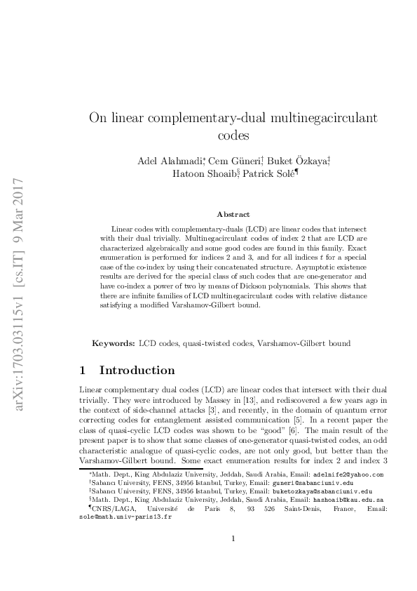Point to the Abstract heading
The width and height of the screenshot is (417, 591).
[233, 214]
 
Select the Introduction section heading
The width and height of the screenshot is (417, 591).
[137, 370]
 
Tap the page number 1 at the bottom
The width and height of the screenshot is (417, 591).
[233, 558]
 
